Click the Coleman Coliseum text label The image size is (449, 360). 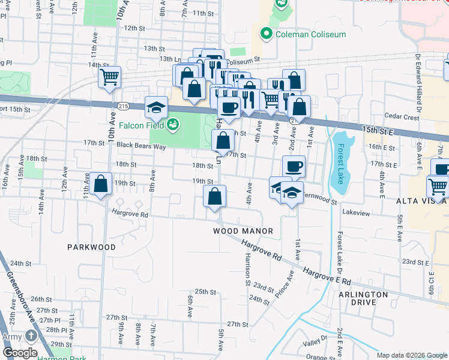(x=310, y=34)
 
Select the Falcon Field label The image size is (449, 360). (x=141, y=125)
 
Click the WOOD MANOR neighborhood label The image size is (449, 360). (x=243, y=231)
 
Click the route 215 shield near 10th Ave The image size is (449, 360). (x=123, y=106)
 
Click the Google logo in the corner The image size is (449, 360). (x=19, y=353)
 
